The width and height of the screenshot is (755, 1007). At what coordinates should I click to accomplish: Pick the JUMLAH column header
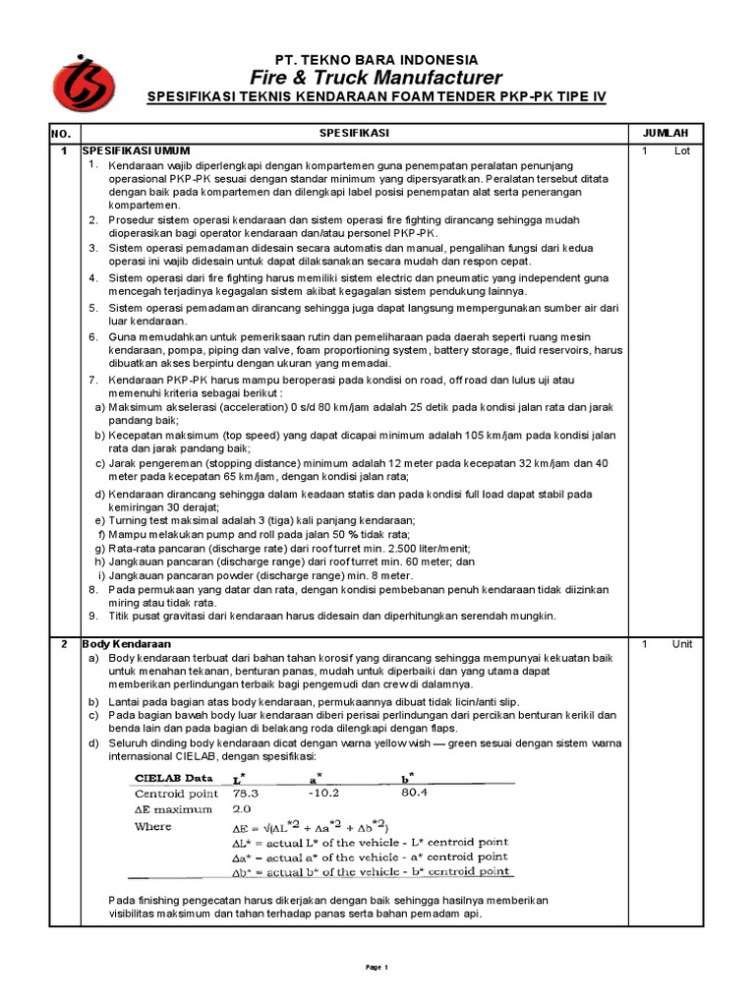[x=666, y=132]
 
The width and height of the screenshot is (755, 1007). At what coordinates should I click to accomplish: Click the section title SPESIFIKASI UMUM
[x=136, y=150]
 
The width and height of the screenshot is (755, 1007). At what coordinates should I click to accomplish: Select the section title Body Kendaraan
[x=127, y=643]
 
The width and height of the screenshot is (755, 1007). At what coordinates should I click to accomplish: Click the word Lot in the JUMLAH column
[x=682, y=150]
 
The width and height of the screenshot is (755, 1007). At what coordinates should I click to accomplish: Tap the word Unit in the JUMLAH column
[x=682, y=643]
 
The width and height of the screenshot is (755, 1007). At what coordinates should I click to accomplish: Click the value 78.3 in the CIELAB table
[x=246, y=792]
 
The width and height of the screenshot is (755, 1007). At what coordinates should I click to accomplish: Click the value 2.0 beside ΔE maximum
[x=242, y=809]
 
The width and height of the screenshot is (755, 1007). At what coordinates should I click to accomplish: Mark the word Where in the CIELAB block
[x=152, y=827]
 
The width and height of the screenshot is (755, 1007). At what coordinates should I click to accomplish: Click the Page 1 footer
[x=377, y=968]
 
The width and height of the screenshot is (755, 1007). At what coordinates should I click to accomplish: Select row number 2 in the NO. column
[x=64, y=643]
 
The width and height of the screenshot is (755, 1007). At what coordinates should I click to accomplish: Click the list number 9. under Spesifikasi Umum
[x=93, y=616]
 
